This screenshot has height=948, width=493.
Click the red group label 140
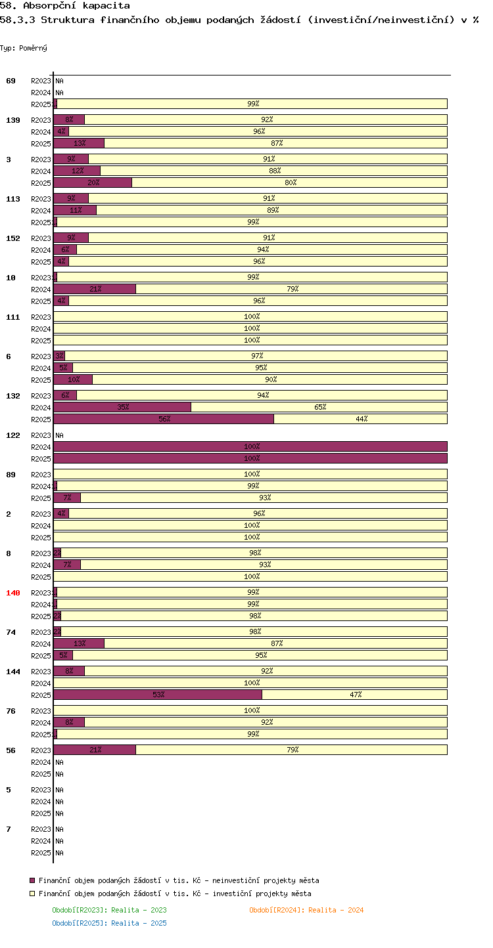click(12, 593)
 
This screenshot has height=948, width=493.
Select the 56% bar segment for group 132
click(164, 419)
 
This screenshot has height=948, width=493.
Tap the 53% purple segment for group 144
click(158, 695)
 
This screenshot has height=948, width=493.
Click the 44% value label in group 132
click(362, 419)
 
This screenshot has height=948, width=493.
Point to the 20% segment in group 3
click(93, 183)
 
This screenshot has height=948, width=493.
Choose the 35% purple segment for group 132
click(122, 407)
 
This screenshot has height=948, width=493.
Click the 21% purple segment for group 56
click(95, 750)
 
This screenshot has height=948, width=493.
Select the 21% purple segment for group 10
click(95, 289)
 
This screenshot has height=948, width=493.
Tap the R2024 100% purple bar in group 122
click(250, 446)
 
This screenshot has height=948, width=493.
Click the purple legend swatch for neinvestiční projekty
click(32, 880)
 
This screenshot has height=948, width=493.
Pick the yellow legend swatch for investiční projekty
click(32, 894)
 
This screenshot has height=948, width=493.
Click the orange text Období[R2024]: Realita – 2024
click(306, 910)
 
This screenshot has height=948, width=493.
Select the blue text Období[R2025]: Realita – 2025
click(109, 923)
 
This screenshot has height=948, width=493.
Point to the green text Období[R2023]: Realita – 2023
click(109, 910)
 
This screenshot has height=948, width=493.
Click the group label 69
click(11, 81)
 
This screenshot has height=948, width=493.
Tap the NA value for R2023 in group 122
click(59, 435)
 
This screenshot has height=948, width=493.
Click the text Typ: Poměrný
click(24, 48)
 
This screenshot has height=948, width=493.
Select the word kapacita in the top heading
click(106, 6)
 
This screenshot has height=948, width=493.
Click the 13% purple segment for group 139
click(79, 143)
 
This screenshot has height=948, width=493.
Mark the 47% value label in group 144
click(356, 695)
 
